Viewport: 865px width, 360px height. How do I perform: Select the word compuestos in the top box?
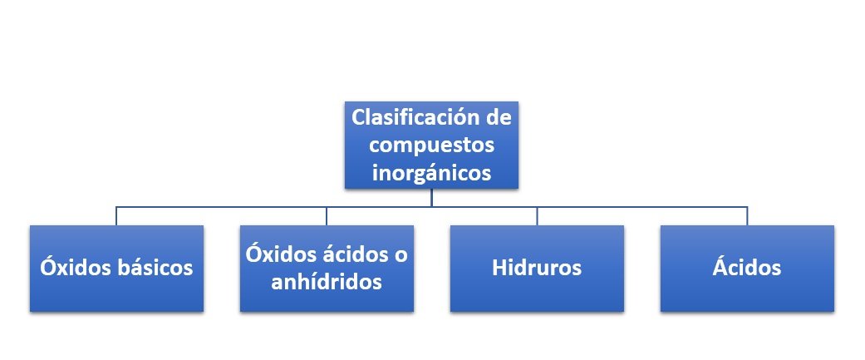point(431,145)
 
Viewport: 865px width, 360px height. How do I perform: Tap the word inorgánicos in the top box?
point(431,173)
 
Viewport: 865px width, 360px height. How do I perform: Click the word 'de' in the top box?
point(499,117)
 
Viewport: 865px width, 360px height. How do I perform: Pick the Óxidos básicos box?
point(116,269)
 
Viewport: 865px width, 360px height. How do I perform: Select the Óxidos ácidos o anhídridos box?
point(327,269)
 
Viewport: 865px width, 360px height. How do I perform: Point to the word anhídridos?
point(327,282)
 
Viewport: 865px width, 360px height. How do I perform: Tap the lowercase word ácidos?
point(355,254)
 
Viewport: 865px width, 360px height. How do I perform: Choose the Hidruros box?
point(537,269)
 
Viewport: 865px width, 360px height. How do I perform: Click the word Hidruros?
point(537,268)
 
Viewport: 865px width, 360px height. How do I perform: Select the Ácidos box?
point(747,269)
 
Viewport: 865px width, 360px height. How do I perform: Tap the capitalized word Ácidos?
point(747,267)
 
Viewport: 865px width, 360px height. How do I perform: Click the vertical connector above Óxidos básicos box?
point(116,216)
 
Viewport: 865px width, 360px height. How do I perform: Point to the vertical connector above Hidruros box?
point(537,216)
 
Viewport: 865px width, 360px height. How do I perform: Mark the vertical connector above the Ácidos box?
point(747,216)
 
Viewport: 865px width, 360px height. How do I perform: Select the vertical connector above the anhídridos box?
point(327,216)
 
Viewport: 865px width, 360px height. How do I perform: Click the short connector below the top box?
point(431,198)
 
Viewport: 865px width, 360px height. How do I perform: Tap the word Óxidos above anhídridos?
point(281,254)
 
